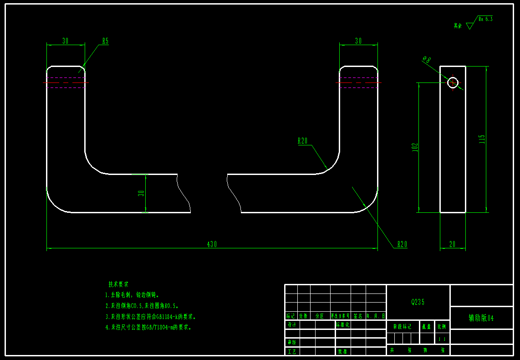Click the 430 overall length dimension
coord(212,244)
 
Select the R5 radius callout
coord(105,41)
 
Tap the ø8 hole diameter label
coord(427,59)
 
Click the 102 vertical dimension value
coord(415,147)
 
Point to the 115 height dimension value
coord(482,139)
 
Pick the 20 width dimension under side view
coord(452,244)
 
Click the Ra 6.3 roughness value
coord(485,19)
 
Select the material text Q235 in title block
coord(418,302)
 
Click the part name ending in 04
coord(481,318)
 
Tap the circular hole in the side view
coord(453,82)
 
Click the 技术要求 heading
coord(118,284)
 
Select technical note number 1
coord(133,295)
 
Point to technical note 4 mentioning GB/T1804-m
coord(148,327)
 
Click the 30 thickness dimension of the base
coord(142,193)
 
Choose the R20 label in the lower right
coord(402,244)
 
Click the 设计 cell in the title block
coord(291,324)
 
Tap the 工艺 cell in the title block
coord(291,351)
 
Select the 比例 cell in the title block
coord(442,326)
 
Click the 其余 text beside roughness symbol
coord(458,26)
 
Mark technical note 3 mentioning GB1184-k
coord(150,316)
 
